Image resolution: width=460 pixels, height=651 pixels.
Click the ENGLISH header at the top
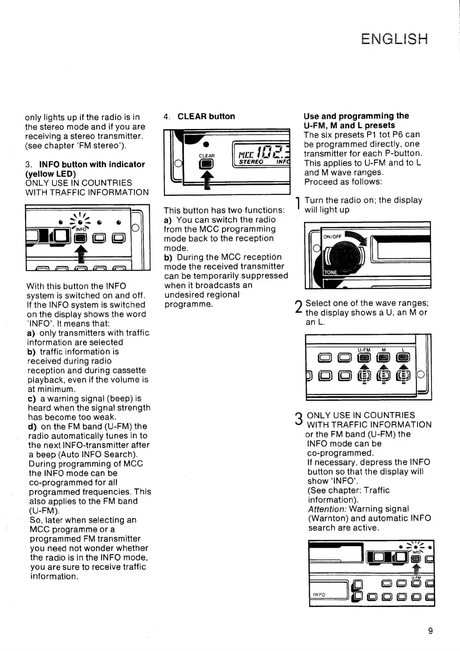394,39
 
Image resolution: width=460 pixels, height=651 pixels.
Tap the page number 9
430,631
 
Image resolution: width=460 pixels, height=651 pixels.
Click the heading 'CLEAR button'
206,116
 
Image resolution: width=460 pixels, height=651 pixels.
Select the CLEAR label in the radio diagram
207,156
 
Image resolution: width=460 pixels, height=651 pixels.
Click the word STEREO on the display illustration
251,162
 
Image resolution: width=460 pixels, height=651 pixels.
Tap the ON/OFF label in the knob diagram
332,236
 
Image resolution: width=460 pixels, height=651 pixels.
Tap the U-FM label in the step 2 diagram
364,349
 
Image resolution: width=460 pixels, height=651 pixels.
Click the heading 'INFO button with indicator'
92,164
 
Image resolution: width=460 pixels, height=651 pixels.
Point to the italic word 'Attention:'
327,509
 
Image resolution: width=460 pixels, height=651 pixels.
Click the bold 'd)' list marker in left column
32,427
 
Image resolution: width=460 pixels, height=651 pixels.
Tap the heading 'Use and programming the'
356,116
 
